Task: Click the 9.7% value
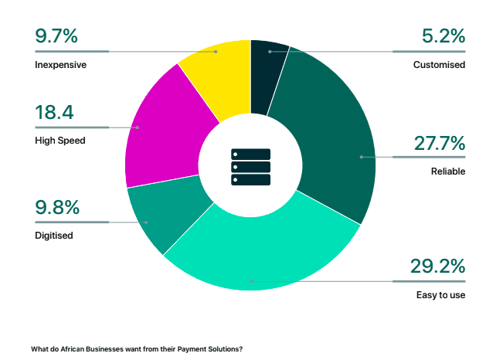coord(56,36)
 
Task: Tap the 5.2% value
coord(444,36)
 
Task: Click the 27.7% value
coord(437,143)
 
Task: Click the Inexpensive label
coord(60,65)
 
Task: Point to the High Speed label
coord(59,141)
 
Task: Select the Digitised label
coord(54,235)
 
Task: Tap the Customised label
coord(439,65)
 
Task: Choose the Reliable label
coord(448,172)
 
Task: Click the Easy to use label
coord(440,295)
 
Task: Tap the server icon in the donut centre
coord(250,166)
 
